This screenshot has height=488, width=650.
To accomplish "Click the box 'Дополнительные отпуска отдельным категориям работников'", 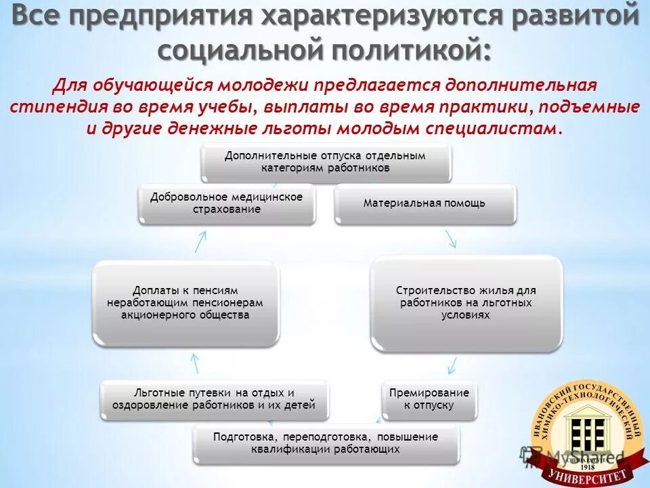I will (x=326, y=163).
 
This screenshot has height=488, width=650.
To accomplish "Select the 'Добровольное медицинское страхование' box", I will (x=226, y=203).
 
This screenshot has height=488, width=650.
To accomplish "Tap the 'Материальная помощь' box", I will (x=425, y=203).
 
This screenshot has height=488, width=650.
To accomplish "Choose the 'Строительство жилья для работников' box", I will (x=465, y=302).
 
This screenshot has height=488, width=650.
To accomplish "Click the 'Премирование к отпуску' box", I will (x=429, y=399).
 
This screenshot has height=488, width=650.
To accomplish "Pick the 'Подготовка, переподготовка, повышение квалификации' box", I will (x=326, y=443).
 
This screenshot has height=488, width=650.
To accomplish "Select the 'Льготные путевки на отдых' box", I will (x=215, y=399).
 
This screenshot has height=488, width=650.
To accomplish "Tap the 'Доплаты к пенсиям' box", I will (x=186, y=303).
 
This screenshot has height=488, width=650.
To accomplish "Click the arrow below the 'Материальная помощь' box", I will (x=450, y=238).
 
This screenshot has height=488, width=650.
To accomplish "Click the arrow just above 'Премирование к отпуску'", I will (x=449, y=366).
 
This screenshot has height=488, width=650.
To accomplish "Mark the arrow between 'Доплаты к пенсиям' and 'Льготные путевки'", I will (x=195, y=364).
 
